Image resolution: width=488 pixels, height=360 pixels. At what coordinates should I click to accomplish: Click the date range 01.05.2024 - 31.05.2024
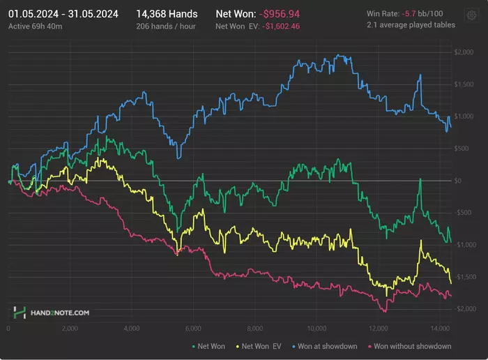pyautogui.click(x=63, y=13)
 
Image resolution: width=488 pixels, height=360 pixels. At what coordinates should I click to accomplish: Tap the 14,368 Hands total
pyautogui.click(x=167, y=13)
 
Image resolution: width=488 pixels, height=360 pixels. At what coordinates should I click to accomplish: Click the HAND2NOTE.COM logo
pyautogui.click(x=52, y=313)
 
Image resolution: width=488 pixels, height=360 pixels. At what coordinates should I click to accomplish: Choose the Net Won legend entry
pyautogui.click(x=210, y=346)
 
